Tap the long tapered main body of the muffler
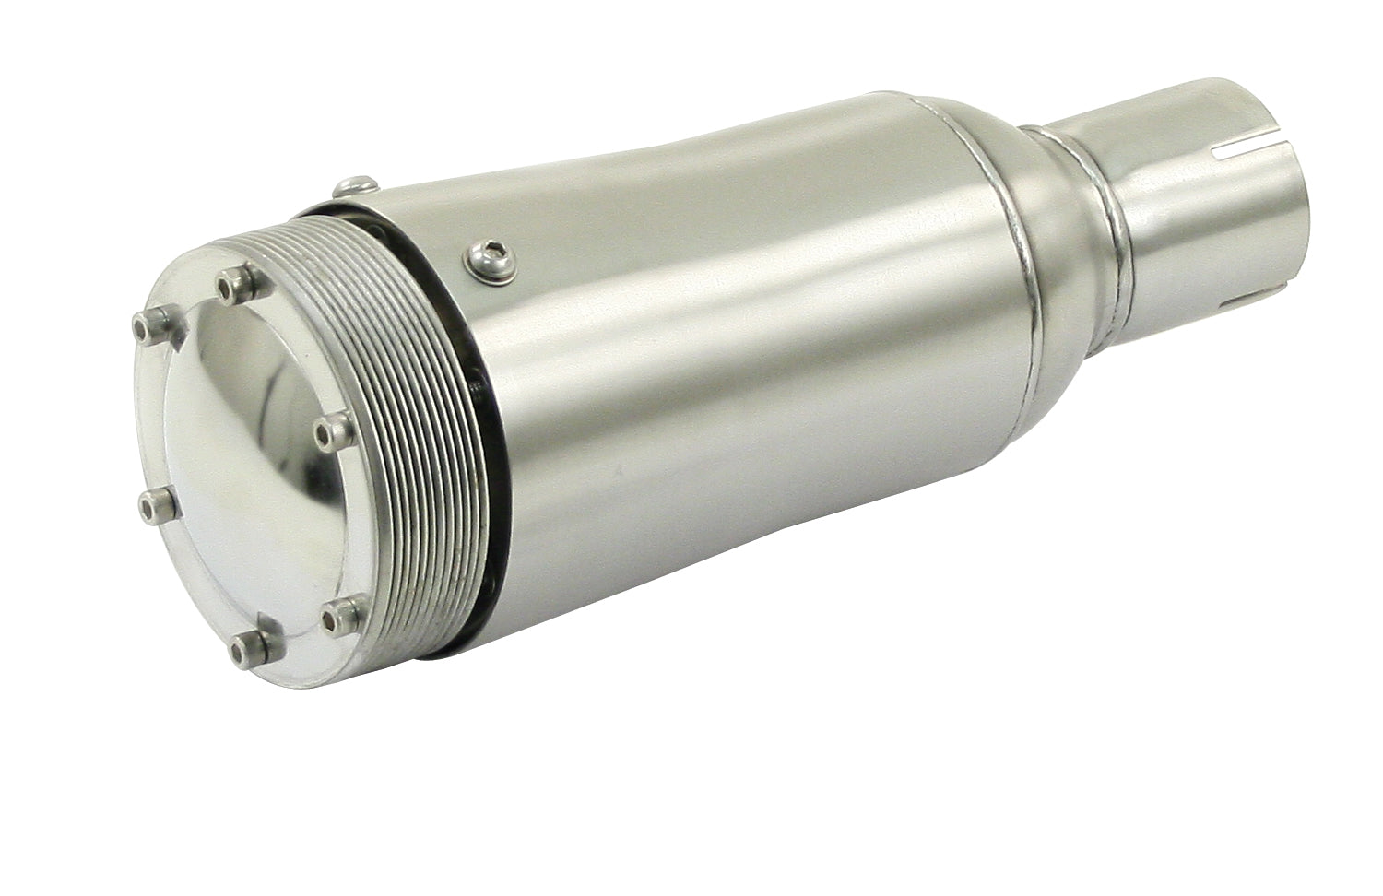pyautogui.click(x=738, y=387)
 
